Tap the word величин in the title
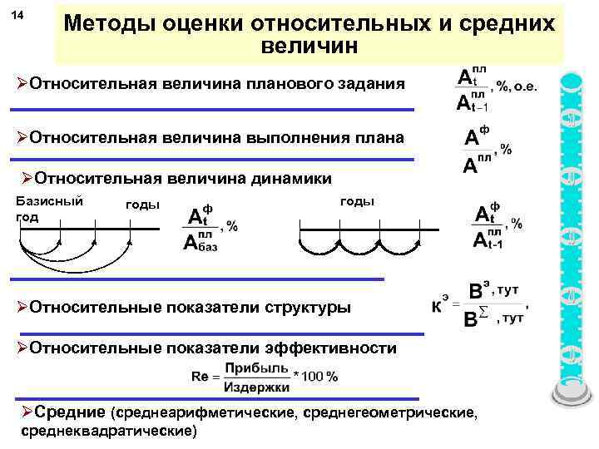point(309,47)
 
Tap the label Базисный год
point(48,208)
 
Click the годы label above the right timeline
point(358,200)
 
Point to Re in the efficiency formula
point(200,376)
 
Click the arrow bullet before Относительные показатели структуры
point(22,307)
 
